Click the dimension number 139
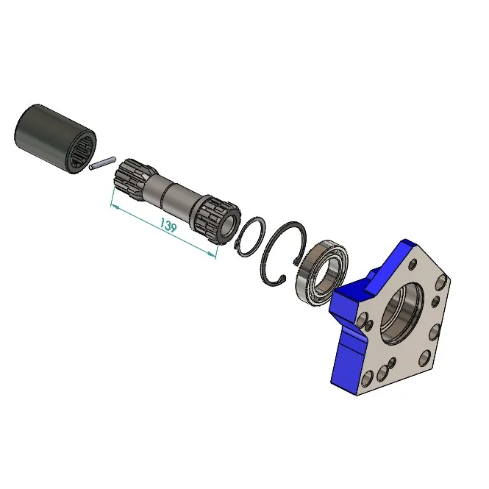[x=168, y=225]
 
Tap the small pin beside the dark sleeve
[x=102, y=163]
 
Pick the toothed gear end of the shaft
[x=215, y=220]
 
